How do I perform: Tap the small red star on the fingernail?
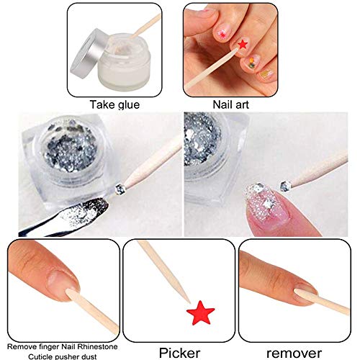coord(243,45)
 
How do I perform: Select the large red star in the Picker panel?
coord(201,312)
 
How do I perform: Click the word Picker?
coord(179,353)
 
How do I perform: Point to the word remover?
coord(294,354)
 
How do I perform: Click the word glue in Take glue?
coord(128,105)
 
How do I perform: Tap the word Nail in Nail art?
coord(222,104)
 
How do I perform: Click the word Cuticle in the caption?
coord(39,356)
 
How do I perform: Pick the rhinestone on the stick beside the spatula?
coord(120,189)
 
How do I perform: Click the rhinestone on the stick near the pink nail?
coord(285,186)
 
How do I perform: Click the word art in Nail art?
coord(240,105)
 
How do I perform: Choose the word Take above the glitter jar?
coord(102,104)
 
